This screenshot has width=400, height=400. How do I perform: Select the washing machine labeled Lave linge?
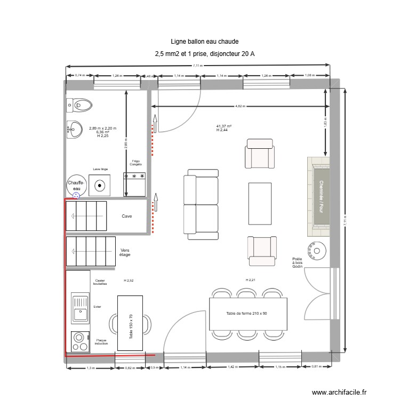tap(100, 185)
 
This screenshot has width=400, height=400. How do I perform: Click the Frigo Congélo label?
tap(135, 162)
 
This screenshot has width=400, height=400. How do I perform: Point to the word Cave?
tap(127, 216)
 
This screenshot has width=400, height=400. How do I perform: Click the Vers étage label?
tap(125, 252)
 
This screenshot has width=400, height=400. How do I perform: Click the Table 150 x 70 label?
tap(131, 326)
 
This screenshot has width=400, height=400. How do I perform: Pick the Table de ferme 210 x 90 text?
tap(246, 313)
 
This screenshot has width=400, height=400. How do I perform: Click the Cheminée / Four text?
tap(322, 196)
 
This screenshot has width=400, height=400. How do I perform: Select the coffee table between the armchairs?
tap(260, 204)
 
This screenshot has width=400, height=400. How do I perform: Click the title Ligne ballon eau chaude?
tap(204, 41)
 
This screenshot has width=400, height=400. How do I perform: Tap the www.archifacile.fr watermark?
tap(339, 392)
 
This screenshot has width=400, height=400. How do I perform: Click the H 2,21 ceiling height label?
tap(251, 280)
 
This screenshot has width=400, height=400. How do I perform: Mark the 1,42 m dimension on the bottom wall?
tap(233, 367)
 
